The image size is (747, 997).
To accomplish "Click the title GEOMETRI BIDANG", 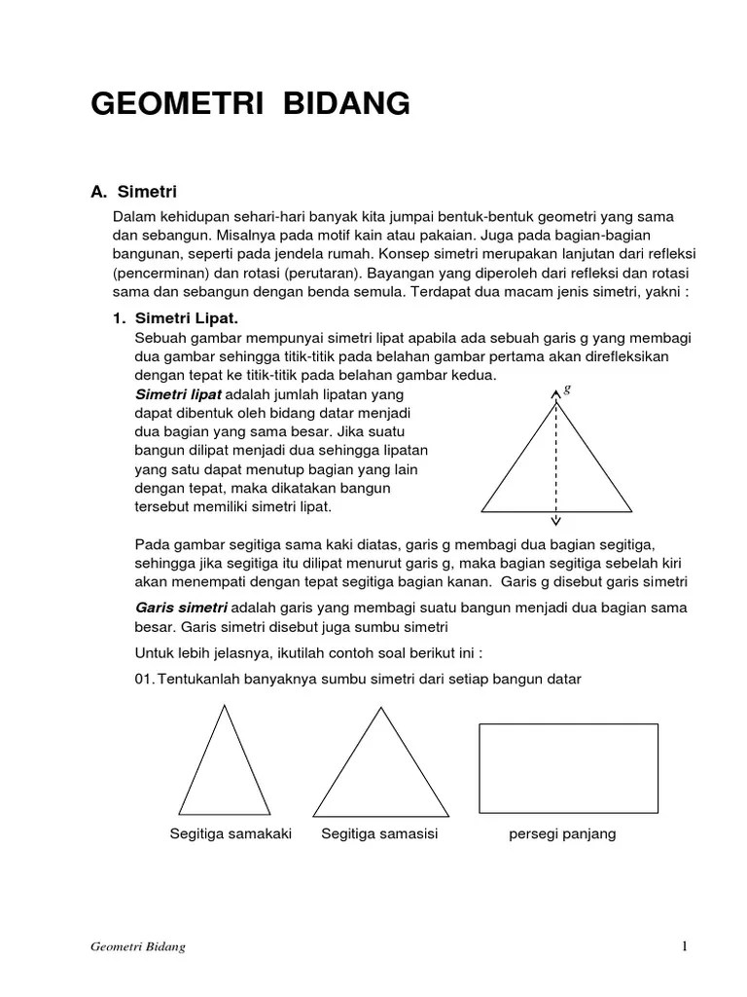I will [x=250, y=104].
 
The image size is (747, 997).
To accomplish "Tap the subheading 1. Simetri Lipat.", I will [x=175, y=318].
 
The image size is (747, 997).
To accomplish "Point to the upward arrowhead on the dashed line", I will [x=555, y=392].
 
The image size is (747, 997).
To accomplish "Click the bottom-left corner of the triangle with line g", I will [x=482, y=511].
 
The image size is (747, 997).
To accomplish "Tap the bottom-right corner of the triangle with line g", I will [x=632, y=511].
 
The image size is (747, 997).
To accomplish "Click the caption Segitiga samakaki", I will [x=231, y=834].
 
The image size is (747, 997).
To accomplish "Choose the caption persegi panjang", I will [x=563, y=834].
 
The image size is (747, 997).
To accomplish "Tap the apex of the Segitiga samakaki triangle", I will [x=227, y=706].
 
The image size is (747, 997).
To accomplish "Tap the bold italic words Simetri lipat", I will [x=178, y=394].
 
